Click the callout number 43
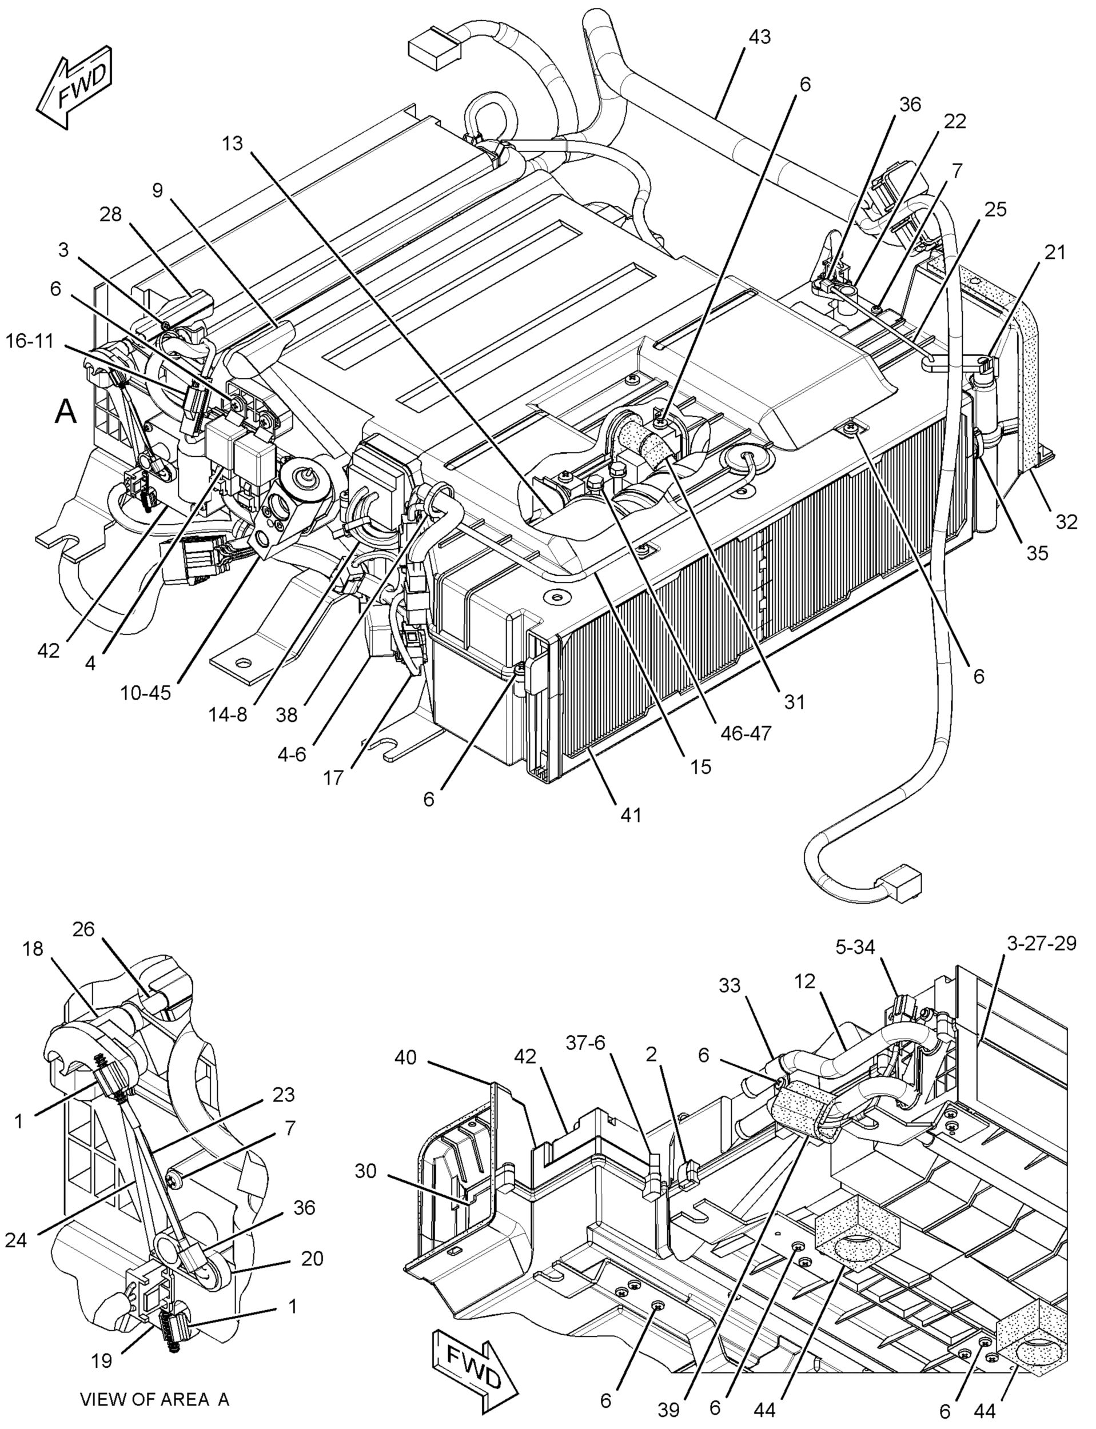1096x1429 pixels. coord(759,37)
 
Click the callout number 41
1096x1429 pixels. coord(631,815)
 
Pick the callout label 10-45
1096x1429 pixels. coord(145,692)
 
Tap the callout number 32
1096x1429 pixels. coord(1067,522)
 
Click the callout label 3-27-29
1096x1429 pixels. coord(1041,943)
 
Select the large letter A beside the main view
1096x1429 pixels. coord(65,412)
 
